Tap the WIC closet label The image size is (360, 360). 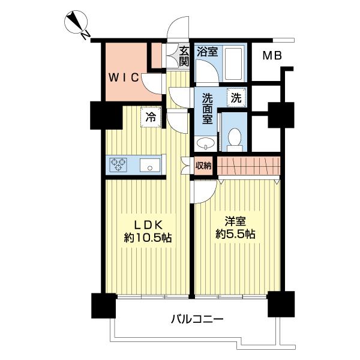(x=124, y=77)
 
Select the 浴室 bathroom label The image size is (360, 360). (x=208, y=52)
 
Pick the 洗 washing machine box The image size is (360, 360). (x=236, y=98)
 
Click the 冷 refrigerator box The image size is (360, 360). (x=152, y=116)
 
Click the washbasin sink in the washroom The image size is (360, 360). (x=205, y=143)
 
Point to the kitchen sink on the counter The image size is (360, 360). (x=150, y=164)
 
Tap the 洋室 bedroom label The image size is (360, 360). (x=235, y=220)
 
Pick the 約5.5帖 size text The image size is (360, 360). (x=235, y=234)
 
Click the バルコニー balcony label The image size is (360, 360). (x=199, y=319)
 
